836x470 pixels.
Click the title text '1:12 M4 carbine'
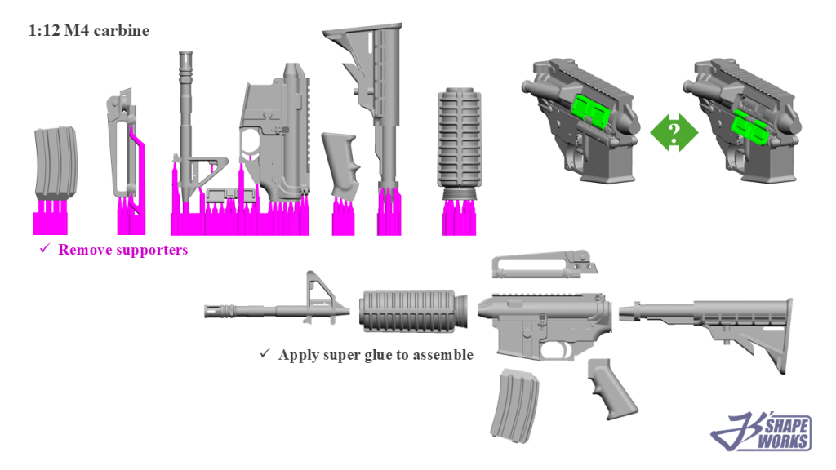click(88, 30)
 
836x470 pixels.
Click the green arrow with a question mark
click(674, 132)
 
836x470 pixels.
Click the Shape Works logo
click(762, 432)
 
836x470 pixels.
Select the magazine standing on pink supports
click(56, 162)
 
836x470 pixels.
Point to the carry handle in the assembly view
click(544, 265)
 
